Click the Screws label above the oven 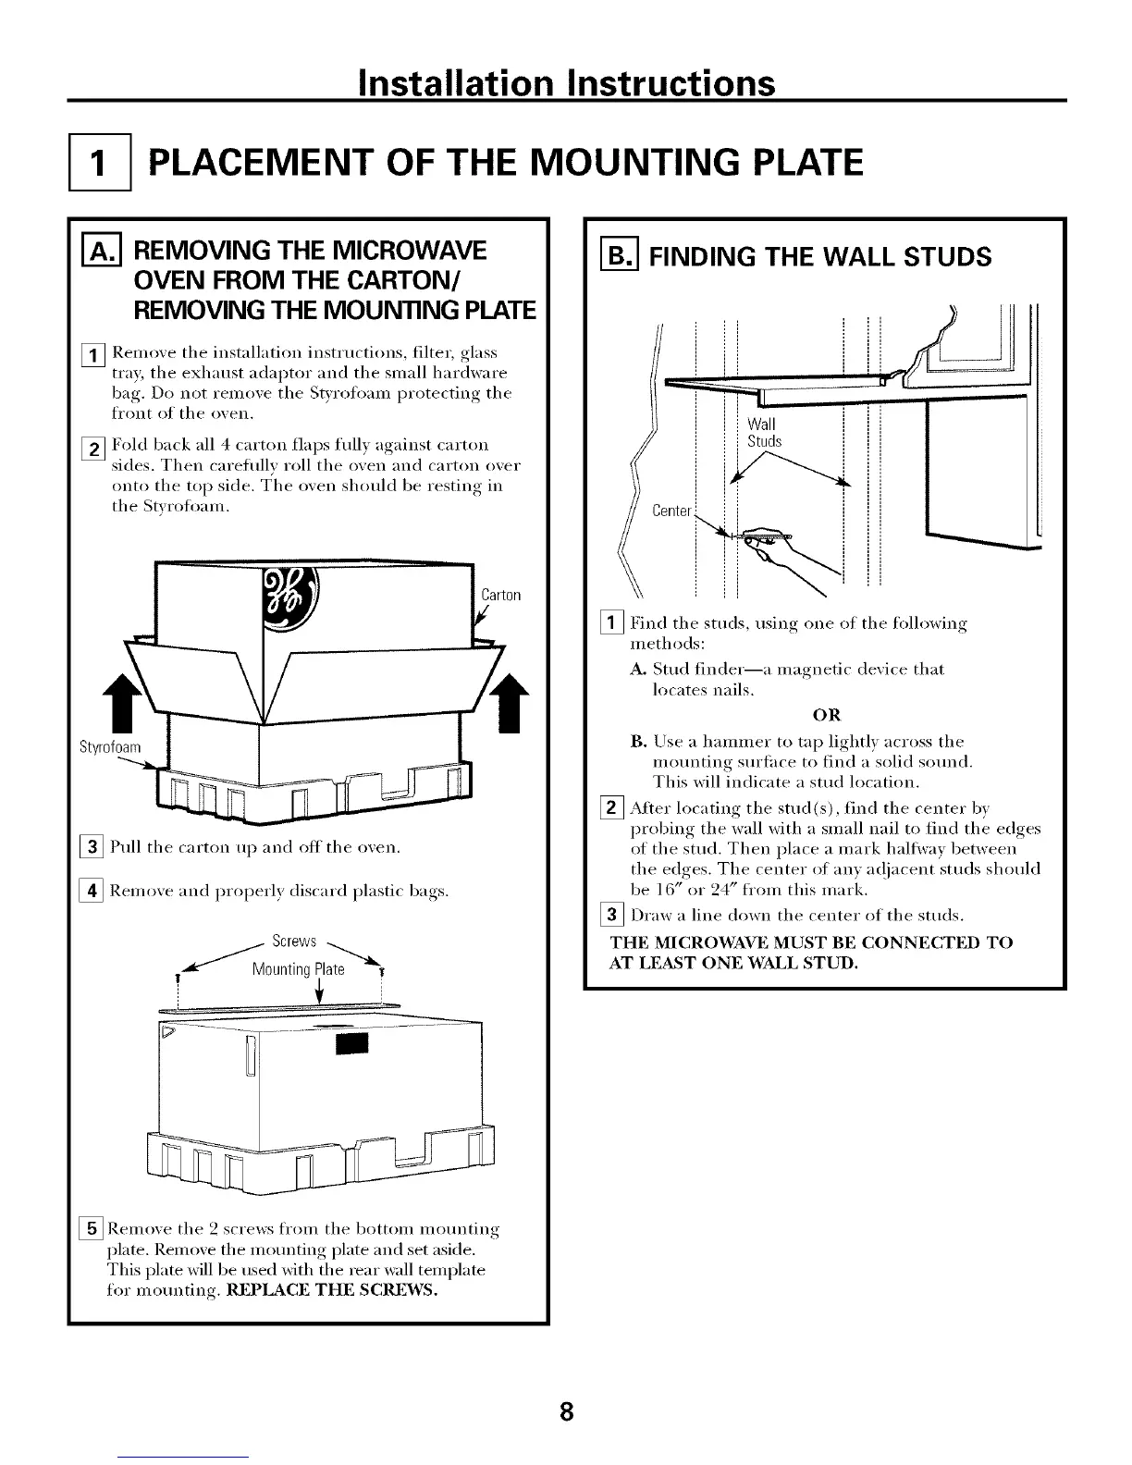[x=295, y=942]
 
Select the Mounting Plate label [x=299, y=969]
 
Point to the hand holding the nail [x=775, y=551]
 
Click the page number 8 [x=567, y=1411]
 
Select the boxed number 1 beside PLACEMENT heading [x=101, y=163]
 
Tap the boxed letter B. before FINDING [x=623, y=255]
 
